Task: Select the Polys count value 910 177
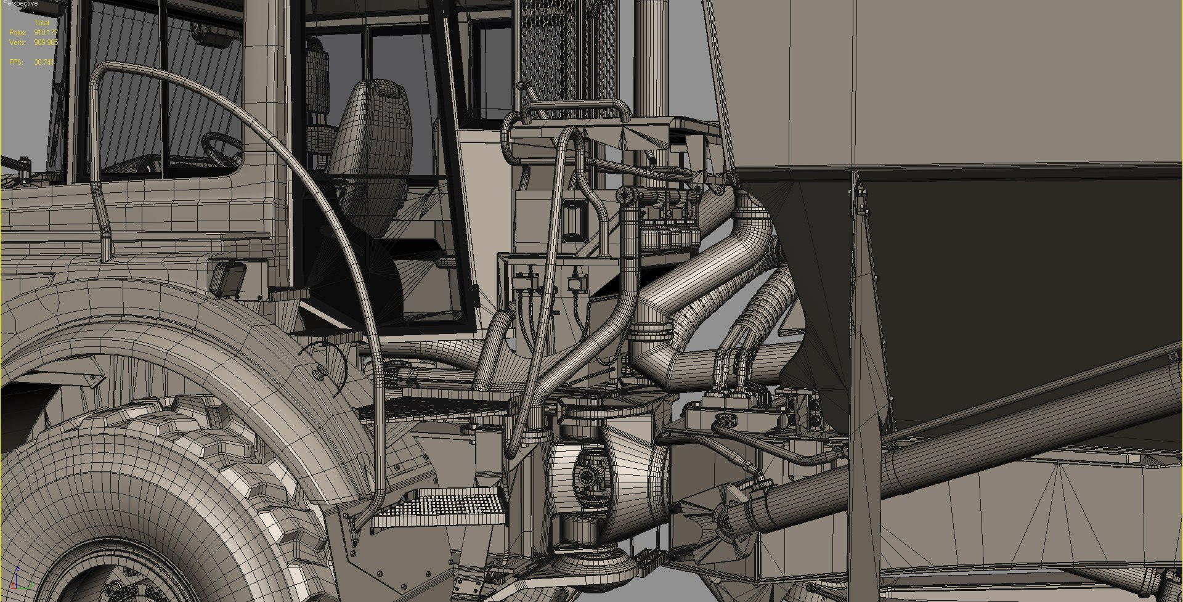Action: click(x=46, y=32)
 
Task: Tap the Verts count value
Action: click(x=46, y=43)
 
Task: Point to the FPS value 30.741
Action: click(x=44, y=62)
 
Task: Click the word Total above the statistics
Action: click(x=41, y=23)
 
